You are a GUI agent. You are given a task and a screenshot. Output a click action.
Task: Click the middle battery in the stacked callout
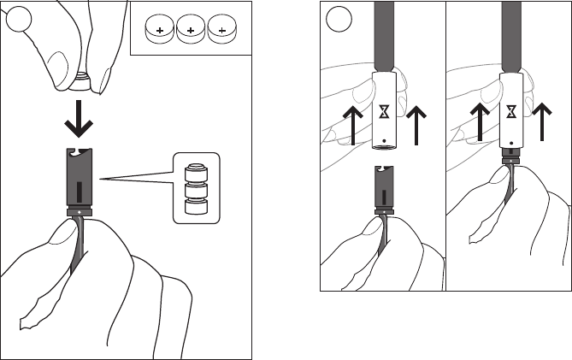197,187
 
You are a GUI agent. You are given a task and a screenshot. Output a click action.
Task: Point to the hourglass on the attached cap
510,111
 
